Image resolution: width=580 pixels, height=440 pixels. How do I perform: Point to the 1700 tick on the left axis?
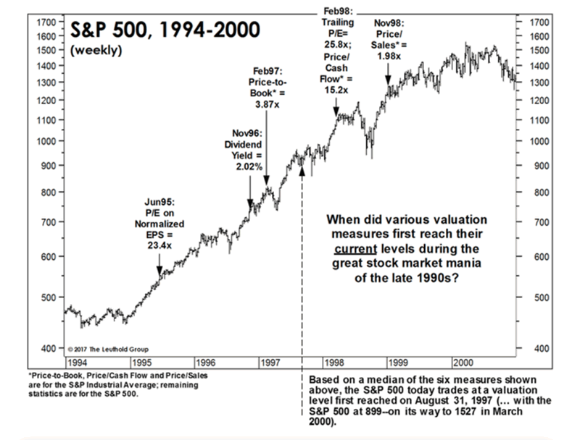pyautogui.click(x=44, y=23)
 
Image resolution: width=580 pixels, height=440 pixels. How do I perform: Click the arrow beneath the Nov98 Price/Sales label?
pyautogui.click(x=389, y=75)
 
